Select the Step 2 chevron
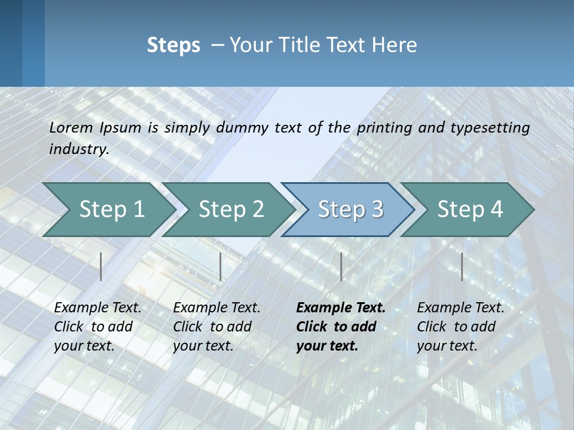click(230, 209)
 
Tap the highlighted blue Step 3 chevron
click(350, 209)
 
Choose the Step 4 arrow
click(469, 209)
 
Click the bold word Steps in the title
click(173, 45)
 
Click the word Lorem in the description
click(71, 127)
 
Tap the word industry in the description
click(79, 149)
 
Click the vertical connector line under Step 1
click(101, 266)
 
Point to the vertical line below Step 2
click(221, 266)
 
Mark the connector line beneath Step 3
click(341, 266)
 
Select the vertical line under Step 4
click(462, 266)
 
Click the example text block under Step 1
click(97, 327)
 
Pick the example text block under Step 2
click(216, 327)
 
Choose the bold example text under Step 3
click(340, 327)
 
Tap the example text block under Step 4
click(460, 327)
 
